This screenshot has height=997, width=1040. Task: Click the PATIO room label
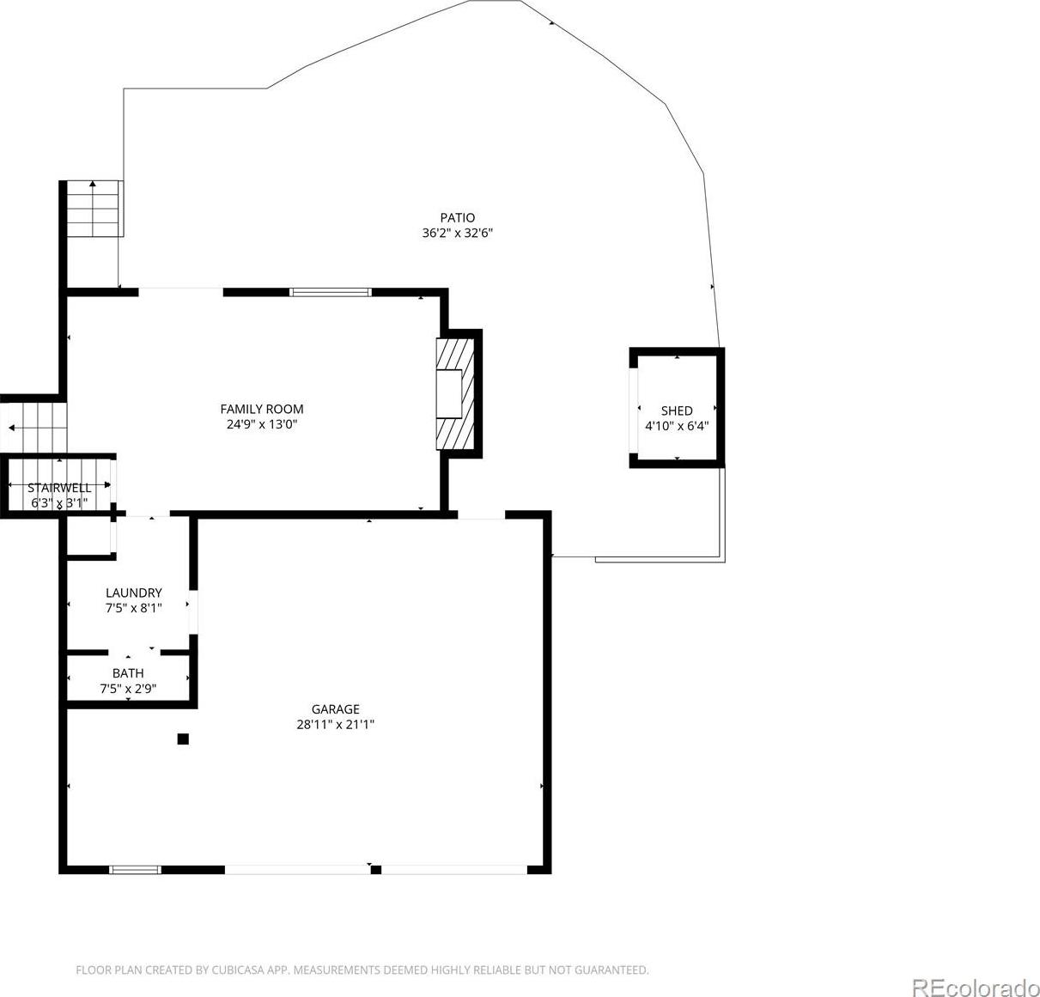457,217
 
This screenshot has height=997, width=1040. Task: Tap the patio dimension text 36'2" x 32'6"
457,233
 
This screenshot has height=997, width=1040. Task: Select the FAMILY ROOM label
262,409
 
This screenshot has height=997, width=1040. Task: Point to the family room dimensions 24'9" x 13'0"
262,424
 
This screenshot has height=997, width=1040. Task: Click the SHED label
677,410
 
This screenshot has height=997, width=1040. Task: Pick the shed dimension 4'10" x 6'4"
677,426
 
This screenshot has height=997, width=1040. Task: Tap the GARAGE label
336,709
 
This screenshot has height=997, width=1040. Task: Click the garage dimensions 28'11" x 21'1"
336,725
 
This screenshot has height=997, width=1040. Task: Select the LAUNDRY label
134,593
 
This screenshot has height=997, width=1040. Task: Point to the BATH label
128,673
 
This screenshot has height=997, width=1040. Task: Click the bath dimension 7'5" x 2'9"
128,689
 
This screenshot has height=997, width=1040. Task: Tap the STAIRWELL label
59,488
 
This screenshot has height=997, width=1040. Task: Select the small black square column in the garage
183,739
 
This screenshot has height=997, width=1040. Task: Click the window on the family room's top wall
331,292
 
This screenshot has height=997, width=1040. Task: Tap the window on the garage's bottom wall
135,870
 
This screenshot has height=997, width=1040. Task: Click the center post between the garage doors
375,870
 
